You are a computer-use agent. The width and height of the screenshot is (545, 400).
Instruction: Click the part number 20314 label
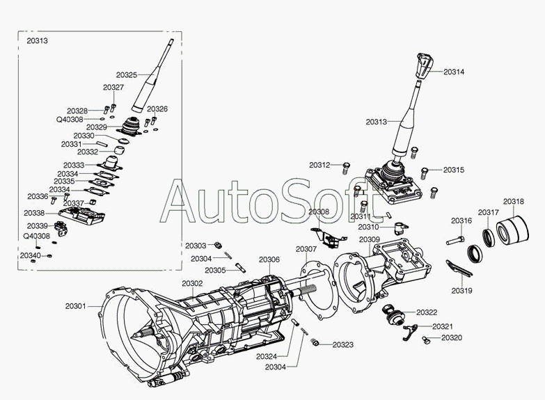(453, 72)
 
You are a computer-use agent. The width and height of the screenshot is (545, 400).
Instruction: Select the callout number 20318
(514, 202)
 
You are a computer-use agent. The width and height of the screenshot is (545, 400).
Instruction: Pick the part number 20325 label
(127, 74)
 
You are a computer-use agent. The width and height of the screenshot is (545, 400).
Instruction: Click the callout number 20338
(34, 213)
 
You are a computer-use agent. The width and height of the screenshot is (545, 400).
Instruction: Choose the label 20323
(342, 344)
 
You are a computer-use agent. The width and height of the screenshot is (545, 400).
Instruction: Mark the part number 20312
(320, 165)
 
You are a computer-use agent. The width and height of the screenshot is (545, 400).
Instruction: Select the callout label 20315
(453, 170)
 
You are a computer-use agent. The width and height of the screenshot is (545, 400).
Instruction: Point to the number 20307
(306, 248)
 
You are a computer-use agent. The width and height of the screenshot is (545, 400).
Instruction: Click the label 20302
(192, 283)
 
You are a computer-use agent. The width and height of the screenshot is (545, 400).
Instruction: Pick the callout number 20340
(30, 255)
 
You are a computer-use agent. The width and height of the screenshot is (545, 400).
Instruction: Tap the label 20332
(88, 152)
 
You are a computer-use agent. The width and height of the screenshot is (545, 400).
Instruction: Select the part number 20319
(461, 290)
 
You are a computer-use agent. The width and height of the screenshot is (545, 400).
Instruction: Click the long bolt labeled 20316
(455, 241)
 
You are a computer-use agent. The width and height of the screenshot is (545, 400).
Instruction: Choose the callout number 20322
(427, 312)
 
